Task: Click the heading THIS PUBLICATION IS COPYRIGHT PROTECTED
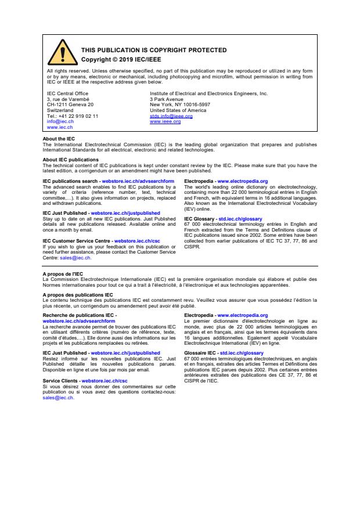pyautogui.click(x=153, y=50)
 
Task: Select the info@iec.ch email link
pyautogui.click(x=57, y=121)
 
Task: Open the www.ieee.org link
pyautogui.click(x=165, y=121)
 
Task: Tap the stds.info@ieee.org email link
pyautogui.click(x=171, y=116)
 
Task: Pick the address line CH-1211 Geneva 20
pyautogui.click(x=70, y=104)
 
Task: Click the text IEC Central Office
pyautogui.click(x=67, y=93)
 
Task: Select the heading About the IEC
pyautogui.click(x=59, y=139)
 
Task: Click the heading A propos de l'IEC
pyautogui.click(x=62, y=273)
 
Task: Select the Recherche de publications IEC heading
pyautogui.click(x=80, y=315)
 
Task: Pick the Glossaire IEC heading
pyautogui.click(x=201, y=352)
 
